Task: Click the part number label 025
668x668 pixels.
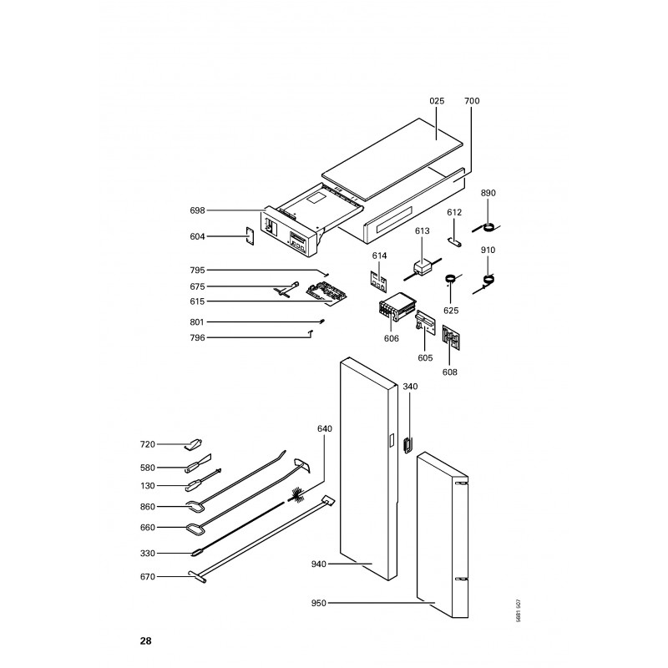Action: (437, 101)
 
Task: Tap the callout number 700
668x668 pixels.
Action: (472, 101)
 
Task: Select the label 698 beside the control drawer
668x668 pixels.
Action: (197, 210)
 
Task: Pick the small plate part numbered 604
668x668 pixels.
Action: (249, 236)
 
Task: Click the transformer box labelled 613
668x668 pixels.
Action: (423, 269)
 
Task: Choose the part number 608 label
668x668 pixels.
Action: (449, 372)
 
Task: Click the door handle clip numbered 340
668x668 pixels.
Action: (407, 445)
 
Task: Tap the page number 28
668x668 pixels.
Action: (145, 641)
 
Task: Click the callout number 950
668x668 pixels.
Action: (319, 603)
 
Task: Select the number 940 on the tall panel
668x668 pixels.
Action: (319, 564)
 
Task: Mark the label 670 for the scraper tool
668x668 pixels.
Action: (148, 577)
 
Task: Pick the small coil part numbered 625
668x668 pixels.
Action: (451, 279)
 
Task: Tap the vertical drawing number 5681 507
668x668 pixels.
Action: (518, 611)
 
